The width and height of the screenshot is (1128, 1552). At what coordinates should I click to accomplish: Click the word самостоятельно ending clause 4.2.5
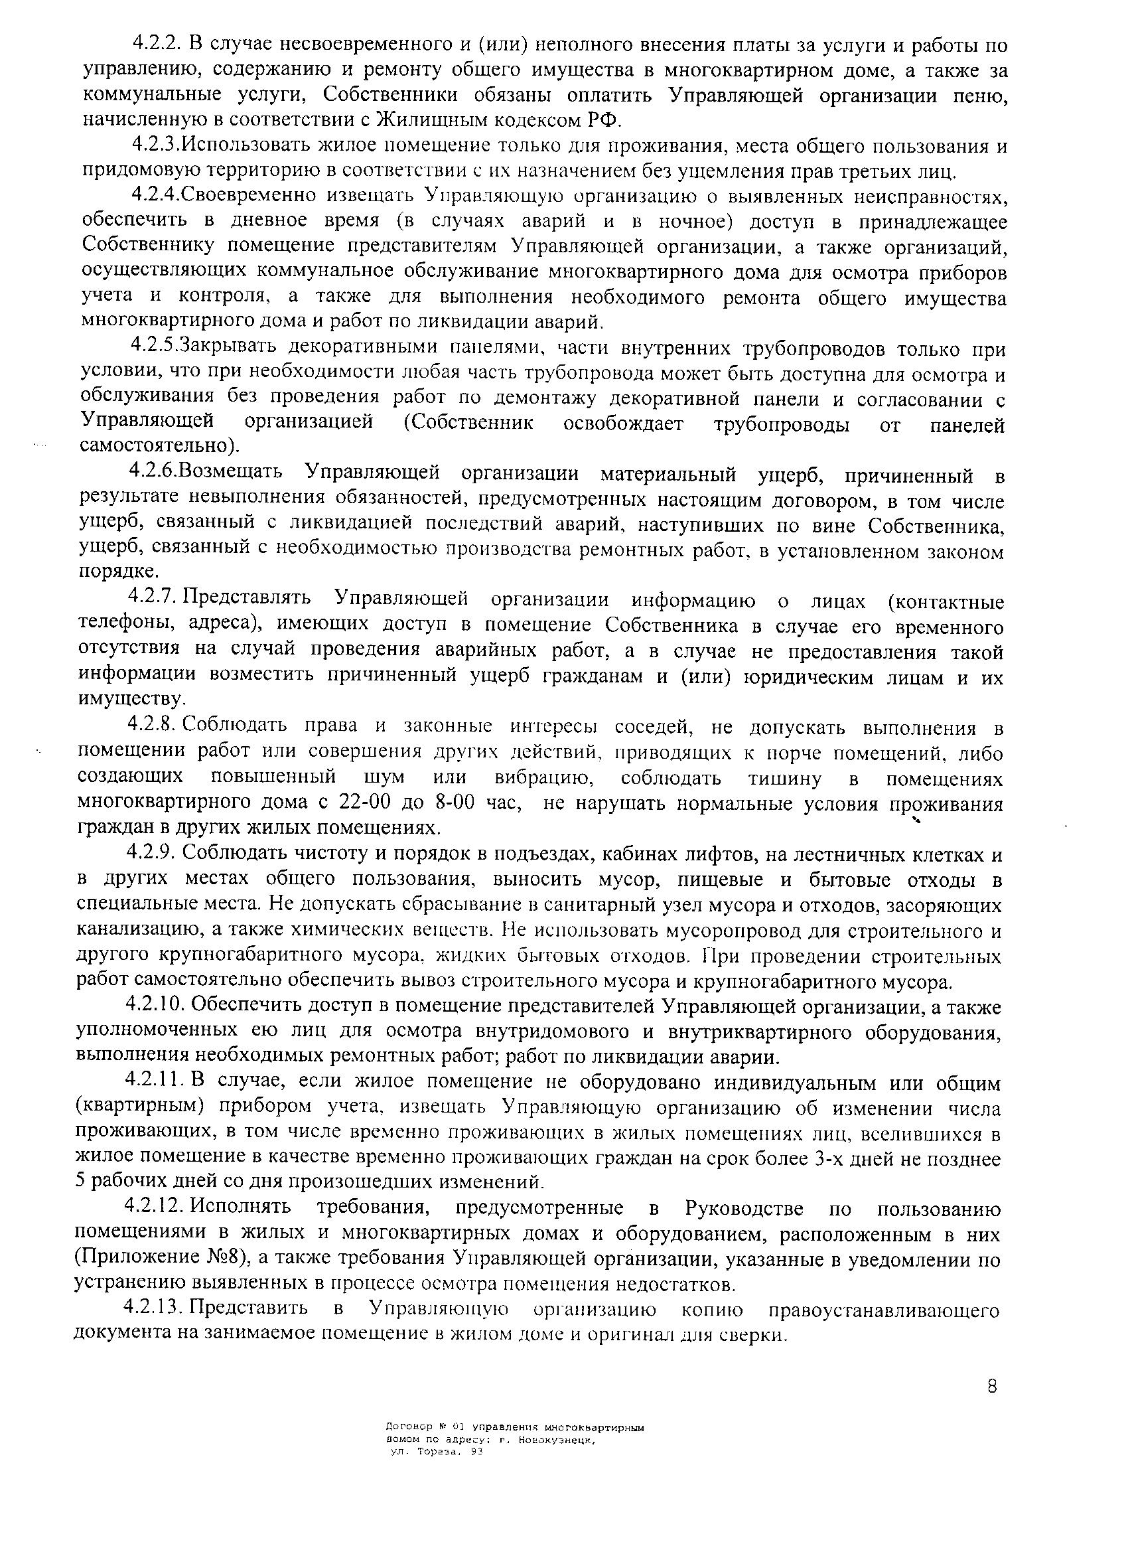point(159,446)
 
